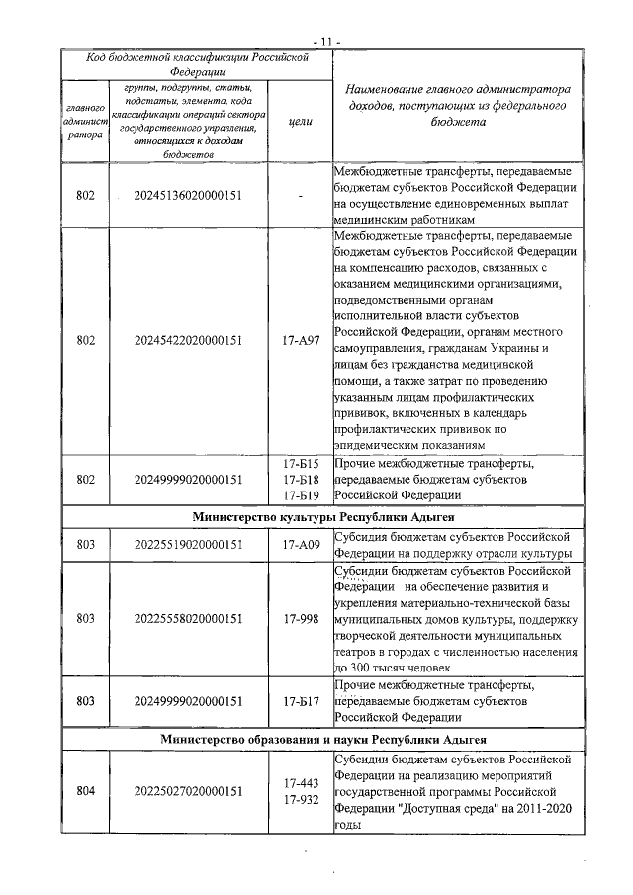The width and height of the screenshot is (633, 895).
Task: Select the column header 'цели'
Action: click(x=299, y=121)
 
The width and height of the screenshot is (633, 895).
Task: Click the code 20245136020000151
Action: click(x=188, y=196)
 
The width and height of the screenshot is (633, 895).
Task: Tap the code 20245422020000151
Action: click(x=188, y=341)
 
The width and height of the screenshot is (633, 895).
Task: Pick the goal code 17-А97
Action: click(x=299, y=341)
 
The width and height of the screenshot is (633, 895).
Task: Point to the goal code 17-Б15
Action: click(x=299, y=463)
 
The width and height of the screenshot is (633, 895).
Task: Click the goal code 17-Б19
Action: click(x=299, y=494)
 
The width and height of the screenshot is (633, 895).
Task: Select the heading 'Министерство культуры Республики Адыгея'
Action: click(x=319, y=517)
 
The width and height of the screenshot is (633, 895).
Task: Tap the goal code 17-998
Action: click(x=299, y=619)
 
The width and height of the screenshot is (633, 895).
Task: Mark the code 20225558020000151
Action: click(x=188, y=619)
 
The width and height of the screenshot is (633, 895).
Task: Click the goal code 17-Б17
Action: click(x=299, y=701)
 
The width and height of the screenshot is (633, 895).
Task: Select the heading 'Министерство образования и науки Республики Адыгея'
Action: click(x=319, y=739)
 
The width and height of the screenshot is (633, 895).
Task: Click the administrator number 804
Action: click(x=86, y=791)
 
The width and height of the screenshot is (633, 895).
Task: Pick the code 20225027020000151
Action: click(x=188, y=791)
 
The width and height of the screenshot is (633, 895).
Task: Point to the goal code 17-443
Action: click(x=299, y=782)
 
